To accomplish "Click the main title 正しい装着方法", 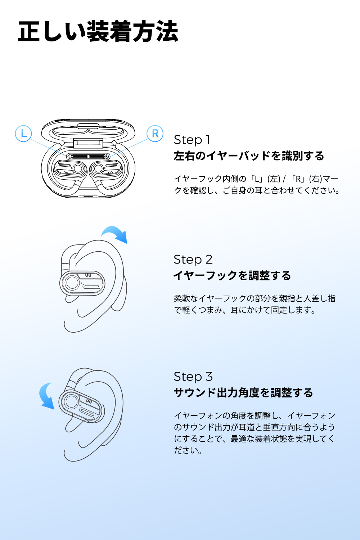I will click(98, 32).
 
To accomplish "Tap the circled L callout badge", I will click(23, 134).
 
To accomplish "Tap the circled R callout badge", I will click(155, 134).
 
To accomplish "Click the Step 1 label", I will click(192, 140).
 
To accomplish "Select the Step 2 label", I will click(193, 260).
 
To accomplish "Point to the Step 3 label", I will click(193, 377).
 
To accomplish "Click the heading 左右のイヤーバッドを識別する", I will click(249, 156).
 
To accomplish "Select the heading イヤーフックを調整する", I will click(232, 276).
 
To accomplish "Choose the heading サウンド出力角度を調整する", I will click(243, 393).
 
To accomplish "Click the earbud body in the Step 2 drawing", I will click(82, 283).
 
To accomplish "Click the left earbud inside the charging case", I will click(70, 169).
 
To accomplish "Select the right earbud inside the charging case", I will click(107, 169).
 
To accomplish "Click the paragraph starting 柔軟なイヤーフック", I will click(255, 304).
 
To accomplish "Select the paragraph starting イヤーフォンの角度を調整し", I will click(255, 433).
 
